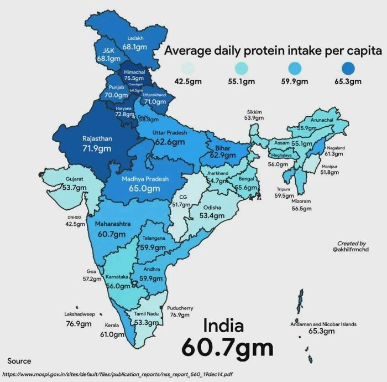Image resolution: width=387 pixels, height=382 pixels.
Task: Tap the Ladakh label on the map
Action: tap(135, 38)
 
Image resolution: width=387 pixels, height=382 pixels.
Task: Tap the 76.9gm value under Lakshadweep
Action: tap(79, 323)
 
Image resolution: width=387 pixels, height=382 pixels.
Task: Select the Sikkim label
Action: tap(253, 112)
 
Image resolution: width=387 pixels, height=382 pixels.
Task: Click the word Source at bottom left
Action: tap(19, 360)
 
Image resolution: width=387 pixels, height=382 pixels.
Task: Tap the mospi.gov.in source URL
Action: tap(117, 374)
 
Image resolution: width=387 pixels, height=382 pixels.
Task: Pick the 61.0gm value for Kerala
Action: tap(112, 334)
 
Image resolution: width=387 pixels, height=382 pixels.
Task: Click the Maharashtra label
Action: tap(113, 224)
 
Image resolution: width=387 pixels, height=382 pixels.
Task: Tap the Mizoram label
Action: tap(301, 201)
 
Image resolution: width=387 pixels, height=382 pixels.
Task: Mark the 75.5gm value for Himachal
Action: tap(134, 79)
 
